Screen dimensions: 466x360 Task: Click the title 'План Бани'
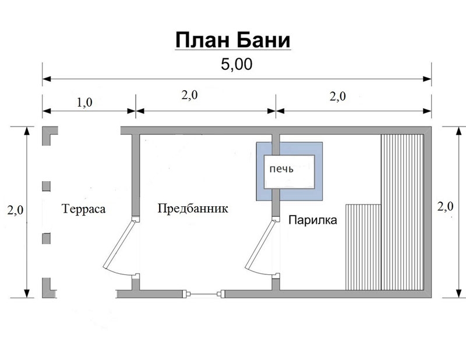232,40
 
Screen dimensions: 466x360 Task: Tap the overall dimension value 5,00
236,64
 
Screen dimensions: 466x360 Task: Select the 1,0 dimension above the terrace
84,103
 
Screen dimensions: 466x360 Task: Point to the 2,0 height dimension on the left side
16,210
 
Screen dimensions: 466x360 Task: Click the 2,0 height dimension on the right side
445,206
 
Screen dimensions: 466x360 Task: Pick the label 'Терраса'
83,209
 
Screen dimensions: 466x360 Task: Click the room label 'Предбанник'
193,209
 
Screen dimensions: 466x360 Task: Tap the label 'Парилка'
313,220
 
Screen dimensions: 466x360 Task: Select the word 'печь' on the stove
281,169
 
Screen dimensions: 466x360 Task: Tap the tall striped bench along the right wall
402,212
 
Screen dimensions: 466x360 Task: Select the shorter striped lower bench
363,247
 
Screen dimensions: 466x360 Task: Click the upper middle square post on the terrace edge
46,186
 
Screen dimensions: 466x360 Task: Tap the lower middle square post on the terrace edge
46,238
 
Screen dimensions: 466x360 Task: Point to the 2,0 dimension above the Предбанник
190,95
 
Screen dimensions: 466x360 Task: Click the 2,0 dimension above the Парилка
338,96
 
